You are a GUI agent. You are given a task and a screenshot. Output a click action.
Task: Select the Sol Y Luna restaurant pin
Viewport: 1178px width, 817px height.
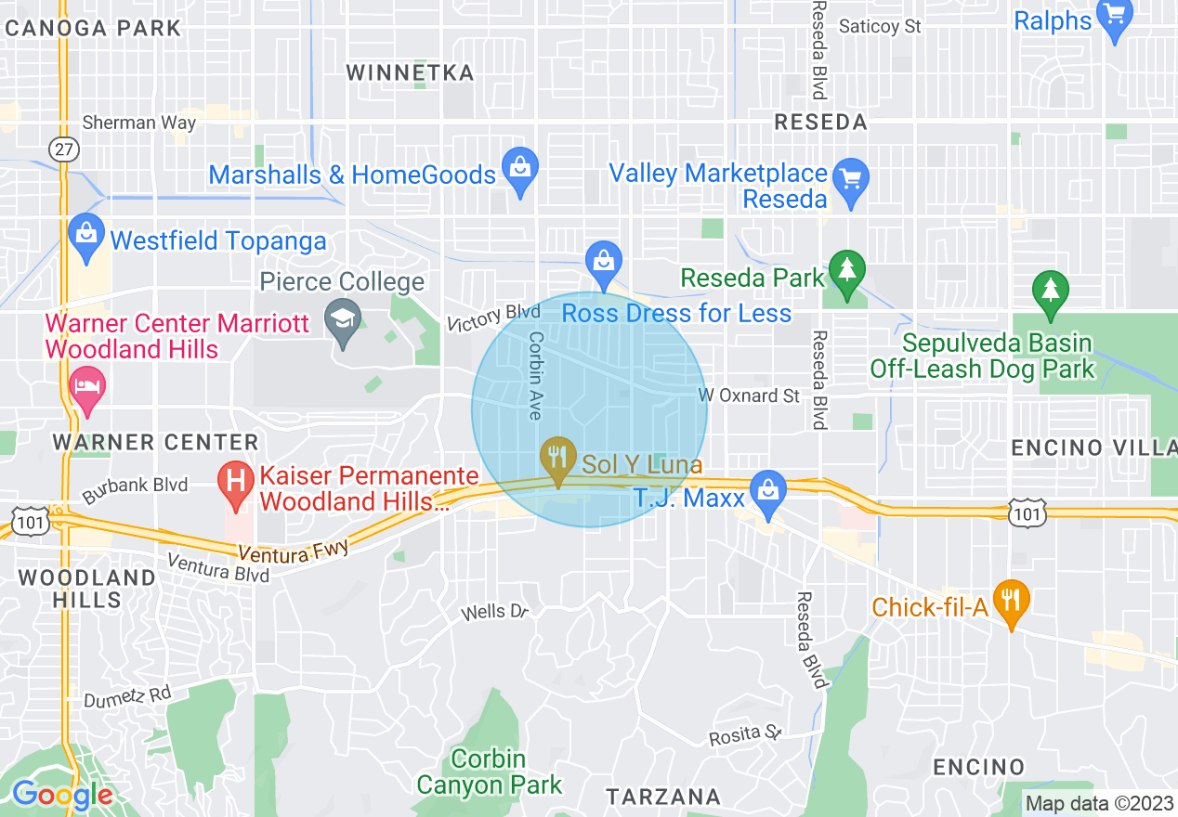point(557,457)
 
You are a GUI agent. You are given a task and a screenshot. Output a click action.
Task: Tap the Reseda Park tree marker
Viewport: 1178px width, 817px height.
point(846,271)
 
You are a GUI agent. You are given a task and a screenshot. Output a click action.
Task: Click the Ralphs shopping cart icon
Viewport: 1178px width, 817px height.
point(1114,17)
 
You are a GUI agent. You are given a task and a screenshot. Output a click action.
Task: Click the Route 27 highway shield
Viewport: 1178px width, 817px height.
point(62,149)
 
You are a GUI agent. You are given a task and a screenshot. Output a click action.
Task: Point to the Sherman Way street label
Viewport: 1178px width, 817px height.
point(139,123)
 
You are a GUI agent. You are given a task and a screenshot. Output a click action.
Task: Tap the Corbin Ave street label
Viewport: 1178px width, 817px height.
point(536,375)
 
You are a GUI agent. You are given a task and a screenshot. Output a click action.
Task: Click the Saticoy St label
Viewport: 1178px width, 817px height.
point(880,26)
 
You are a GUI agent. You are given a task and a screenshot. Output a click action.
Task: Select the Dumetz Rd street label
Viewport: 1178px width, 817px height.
point(127,694)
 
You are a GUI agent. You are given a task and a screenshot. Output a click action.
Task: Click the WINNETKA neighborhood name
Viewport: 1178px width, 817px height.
point(410,73)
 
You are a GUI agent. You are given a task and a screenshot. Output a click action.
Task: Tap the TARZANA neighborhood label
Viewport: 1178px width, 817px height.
point(662,797)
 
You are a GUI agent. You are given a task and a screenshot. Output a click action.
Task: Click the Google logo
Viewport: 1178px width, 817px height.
point(62,795)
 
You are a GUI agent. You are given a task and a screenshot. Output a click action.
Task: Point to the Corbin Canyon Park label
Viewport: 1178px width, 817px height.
point(489,772)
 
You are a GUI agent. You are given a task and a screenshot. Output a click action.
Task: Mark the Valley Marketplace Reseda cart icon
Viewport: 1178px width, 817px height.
point(850,177)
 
